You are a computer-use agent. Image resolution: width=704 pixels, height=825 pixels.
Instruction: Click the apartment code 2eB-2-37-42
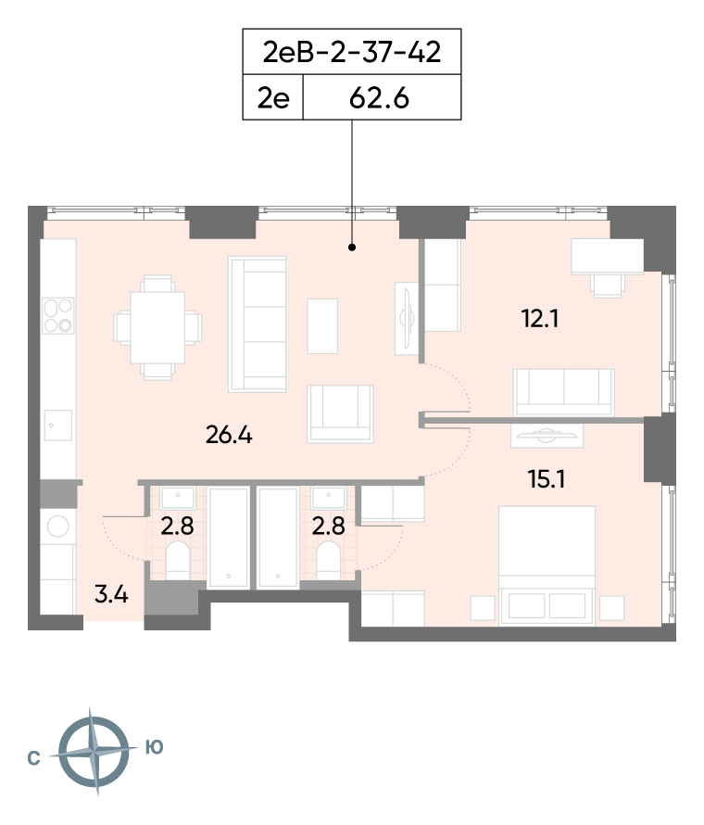click(x=352, y=52)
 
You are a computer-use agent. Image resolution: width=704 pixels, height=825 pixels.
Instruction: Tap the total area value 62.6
click(x=379, y=98)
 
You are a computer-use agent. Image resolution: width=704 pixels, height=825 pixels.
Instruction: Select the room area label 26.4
click(x=229, y=435)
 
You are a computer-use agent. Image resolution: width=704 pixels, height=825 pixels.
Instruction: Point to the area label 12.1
click(x=540, y=318)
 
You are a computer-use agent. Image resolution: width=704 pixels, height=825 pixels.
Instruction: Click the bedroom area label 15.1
click(x=546, y=479)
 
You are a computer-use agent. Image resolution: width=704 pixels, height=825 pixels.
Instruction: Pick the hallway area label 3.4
click(x=111, y=594)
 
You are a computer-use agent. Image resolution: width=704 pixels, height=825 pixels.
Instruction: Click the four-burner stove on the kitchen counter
click(x=58, y=316)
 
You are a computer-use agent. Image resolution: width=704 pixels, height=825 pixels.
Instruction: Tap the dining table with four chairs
click(x=157, y=327)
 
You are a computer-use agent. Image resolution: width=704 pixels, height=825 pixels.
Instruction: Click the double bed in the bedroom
click(x=547, y=565)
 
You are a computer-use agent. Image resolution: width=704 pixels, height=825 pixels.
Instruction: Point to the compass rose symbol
click(x=94, y=751)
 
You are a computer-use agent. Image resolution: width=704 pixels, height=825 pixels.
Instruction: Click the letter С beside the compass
click(x=33, y=758)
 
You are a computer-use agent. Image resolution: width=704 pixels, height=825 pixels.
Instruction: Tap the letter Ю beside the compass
click(x=154, y=746)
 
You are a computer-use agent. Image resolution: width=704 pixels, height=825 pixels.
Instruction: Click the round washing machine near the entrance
click(x=57, y=527)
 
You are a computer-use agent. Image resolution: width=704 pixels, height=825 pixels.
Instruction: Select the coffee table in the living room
click(x=322, y=326)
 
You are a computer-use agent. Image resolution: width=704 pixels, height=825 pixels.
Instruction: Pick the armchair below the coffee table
click(x=341, y=413)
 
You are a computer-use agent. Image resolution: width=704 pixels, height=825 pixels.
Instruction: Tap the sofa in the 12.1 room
click(x=563, y=393)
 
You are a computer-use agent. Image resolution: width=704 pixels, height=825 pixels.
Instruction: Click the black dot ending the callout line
click(x=352, y=247)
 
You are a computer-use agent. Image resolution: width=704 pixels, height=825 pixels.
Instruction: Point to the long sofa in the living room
click(x=258, y=324)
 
